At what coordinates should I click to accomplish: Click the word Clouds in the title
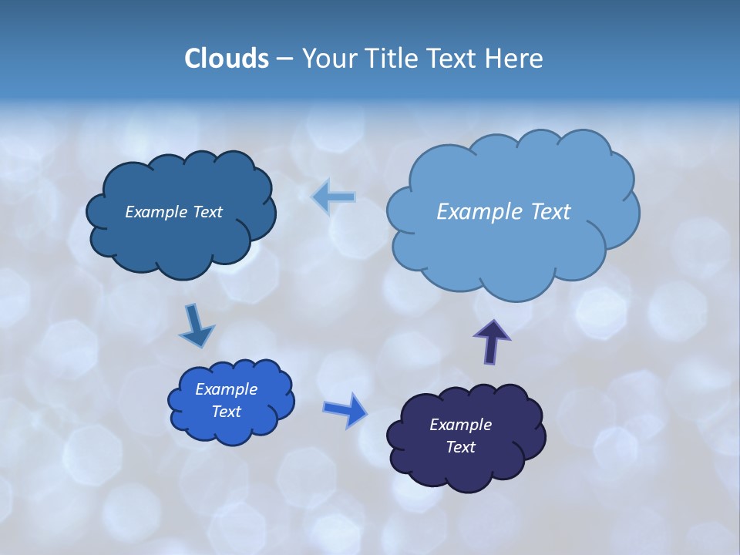coord(227,59)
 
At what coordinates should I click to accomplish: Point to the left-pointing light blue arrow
coord(334,198)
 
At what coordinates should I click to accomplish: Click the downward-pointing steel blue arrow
coord(196,327)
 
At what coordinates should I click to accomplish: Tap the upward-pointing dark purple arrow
coord(492,341)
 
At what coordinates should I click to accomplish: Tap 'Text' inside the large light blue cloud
coord(551,212)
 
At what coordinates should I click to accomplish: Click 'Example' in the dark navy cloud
coord(460,425)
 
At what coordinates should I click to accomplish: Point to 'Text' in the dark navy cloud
coord(460,447)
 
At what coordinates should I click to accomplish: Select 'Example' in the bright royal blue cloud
coord(226,389)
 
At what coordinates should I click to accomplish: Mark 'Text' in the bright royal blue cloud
coord(226,412)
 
